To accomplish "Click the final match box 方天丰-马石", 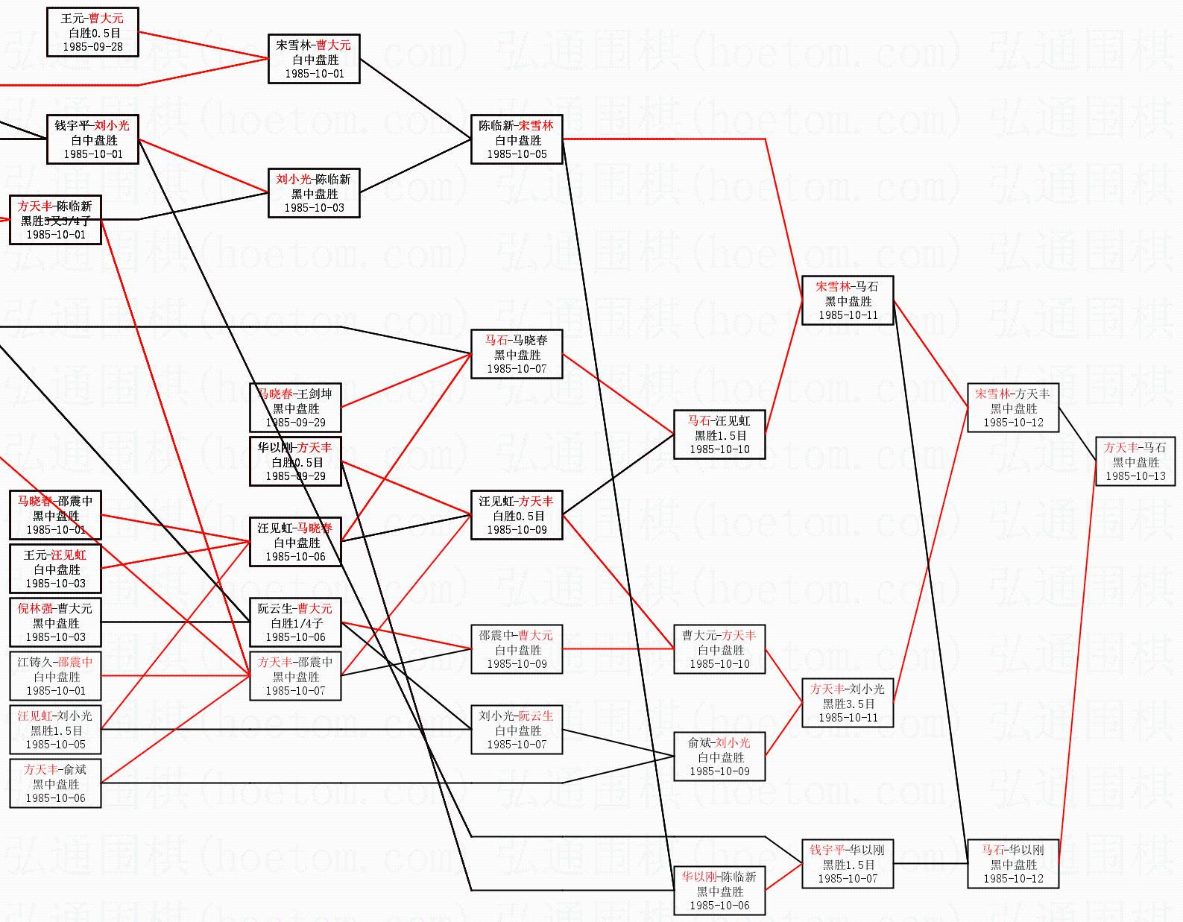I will click(1135, 461).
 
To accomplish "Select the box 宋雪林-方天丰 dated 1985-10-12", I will click(1013, 408).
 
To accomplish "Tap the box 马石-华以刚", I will click(1013, 864).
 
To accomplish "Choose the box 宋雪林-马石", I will click(848, 300).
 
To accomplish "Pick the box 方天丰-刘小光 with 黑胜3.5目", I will click(848, 703).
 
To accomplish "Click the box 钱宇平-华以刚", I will click(848, 864).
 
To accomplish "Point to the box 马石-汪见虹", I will click(719, 435).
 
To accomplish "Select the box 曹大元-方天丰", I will click(719, 649).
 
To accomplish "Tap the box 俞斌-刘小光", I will click(719, 757).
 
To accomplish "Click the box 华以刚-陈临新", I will click(719, 891).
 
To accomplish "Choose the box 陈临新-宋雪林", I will click(517, 139).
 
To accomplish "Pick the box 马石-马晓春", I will click(517, 354).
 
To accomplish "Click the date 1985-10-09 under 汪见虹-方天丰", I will click(517, 530).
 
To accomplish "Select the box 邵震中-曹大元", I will click(517, 649).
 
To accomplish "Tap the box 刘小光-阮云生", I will click(517, 730).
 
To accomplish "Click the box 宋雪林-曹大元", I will click(314, 59).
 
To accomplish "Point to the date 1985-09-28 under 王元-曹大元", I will click(92, 47).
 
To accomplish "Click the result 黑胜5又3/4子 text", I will click(55, 221).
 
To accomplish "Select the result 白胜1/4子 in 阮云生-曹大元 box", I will click(296, 623).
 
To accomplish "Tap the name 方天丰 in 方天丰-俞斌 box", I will click(40, 770).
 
